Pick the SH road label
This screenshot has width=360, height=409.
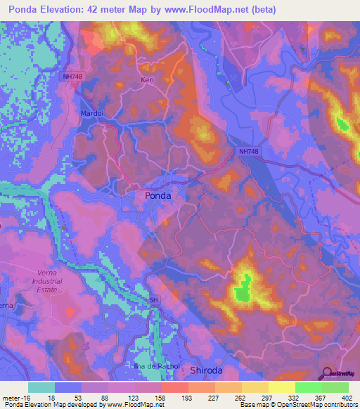(x=153, y=300)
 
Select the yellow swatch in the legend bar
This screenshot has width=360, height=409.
(x=281, y=387)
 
